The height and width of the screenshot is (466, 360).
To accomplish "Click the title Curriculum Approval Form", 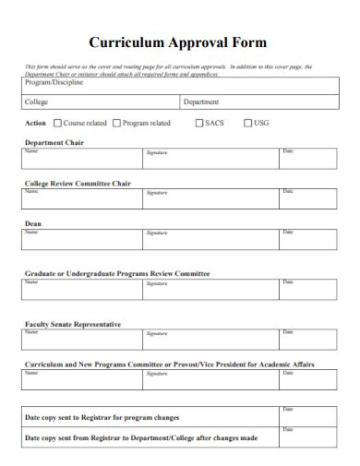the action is [x=178, y=42].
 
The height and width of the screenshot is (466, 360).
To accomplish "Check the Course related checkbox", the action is [x=58, y=123].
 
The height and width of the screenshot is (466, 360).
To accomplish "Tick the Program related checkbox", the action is [x=116, y=123].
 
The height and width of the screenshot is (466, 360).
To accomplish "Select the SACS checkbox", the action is [x=199, y=123].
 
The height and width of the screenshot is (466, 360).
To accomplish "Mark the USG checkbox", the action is [x=247, y=123].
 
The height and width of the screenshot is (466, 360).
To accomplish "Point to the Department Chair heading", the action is [x=54, y=142].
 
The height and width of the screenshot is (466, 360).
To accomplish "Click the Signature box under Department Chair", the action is [x=210, y=160].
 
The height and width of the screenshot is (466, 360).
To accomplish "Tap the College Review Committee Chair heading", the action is [x=78, y=183].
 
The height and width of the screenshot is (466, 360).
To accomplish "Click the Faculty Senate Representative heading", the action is [x=72, y=324].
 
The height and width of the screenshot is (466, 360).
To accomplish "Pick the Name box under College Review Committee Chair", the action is [x=81, y=199].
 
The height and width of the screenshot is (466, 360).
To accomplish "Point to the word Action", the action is [x=35, y=123].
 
